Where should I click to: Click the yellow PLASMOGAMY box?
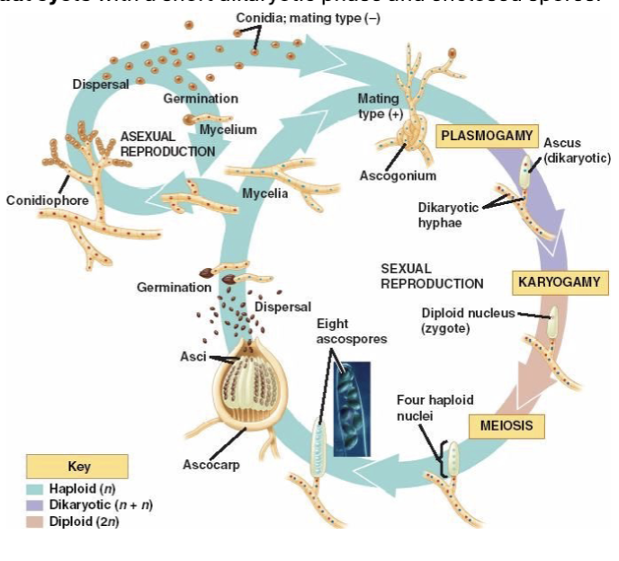point(487,136)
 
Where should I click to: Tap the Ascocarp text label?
point(209,465)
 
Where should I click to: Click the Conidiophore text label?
point(48,200)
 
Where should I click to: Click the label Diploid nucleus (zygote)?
point(468,321)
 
